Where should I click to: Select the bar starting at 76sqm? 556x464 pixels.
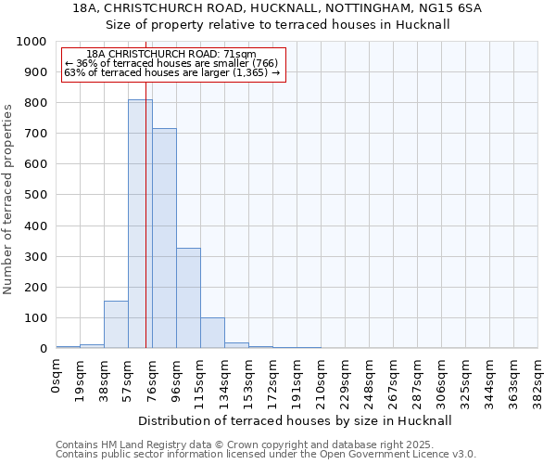(164, 238)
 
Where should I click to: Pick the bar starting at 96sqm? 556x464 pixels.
(188, 298)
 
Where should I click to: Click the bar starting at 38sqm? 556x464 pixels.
(116, 325)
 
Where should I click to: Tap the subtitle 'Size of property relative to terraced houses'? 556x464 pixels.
(277, 25)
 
